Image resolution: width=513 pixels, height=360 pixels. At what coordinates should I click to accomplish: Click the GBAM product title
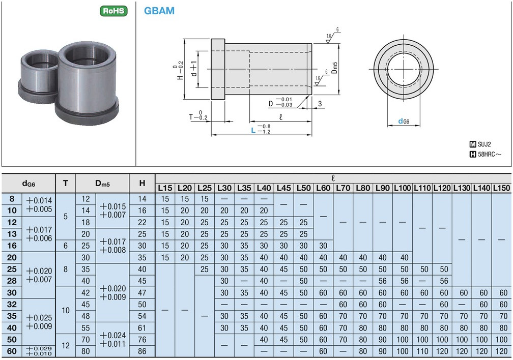pyautogui.click(x=159, y=11)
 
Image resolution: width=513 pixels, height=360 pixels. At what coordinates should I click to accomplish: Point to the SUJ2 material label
pyautogui.click(x=485, y=144)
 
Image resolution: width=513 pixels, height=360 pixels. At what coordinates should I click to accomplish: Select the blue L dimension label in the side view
pyautogui.click(x=253, y=131)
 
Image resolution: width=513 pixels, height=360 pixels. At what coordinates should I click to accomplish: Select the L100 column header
pyautogui.click(x=402, y=188)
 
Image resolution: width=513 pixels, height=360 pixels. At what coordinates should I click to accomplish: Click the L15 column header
pyautogui.click(x=165, y=188)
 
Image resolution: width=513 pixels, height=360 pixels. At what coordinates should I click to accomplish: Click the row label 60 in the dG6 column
pyautogui.click(x=12, y=351)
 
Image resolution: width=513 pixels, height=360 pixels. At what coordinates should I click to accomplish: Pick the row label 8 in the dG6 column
pyautogui.click(x=12, y=199)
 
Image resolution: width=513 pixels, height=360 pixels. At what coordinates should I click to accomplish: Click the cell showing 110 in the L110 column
pyautogui.click(x=422, y=351)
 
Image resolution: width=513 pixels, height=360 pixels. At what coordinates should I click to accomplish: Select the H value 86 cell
pyautogui.click(x=142, y=351)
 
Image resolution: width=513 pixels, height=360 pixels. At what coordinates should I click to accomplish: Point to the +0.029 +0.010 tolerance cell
pyautogui.click(x=39, y=351)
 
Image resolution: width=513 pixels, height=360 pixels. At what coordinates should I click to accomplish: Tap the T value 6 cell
pyautogui.click(x=65, y=246)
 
